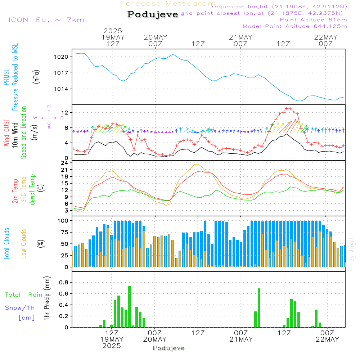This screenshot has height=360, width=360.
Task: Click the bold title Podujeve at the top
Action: coord(153,14)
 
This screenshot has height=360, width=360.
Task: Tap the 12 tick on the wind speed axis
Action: coord(65,113)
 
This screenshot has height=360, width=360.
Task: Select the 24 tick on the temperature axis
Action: coord(65,163)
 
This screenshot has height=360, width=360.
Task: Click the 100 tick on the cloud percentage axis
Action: coord(63,220)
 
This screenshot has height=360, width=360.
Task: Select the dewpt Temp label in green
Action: coord(32,189)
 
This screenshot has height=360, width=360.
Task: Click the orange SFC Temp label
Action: coord(24,189)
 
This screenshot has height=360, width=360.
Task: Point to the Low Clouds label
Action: coord(24,243)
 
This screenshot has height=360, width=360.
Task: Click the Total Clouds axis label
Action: coord(7,243)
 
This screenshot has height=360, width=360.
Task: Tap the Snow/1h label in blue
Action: coord(20,308)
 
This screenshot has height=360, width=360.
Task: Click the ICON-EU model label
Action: coord(46,20)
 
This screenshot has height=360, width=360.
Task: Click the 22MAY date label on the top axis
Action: coord(326,37)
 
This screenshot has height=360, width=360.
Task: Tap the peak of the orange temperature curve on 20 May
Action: coord(196,164)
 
